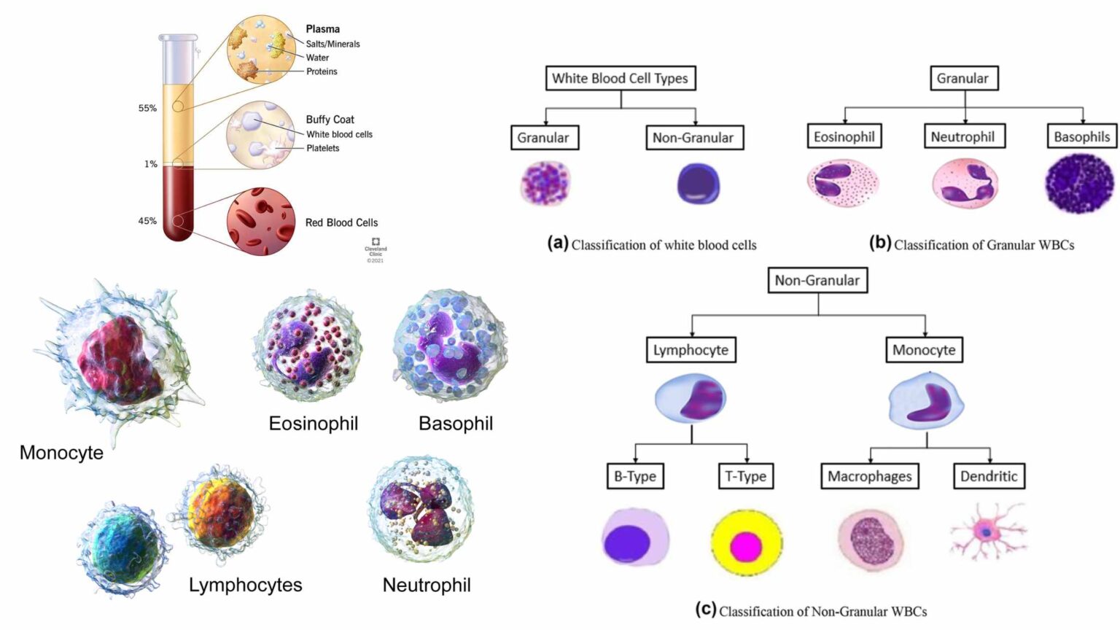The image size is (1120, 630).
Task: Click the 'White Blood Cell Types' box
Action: click(x=621, y=78)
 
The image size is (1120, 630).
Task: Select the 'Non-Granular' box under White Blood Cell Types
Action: click(x=693, y=137)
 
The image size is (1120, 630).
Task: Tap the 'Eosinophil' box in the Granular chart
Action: click(x=844, y=136)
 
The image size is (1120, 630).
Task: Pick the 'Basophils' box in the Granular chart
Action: click(x=1081, y=136)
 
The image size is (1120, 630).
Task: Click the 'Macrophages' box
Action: click(x=869, y=476)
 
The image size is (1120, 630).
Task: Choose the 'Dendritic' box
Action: click(x=988, y=476)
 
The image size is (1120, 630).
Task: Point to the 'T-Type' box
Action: click(x=745, y=476)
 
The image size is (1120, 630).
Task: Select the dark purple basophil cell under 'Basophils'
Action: click(x=1080, y=184)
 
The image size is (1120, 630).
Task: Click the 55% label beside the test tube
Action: click(x=147, y=108)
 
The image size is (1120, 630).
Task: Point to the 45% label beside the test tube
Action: click(x=147, y=221)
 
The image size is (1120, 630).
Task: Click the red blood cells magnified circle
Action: click(x=260, y=222)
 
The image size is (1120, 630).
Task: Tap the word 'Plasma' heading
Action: click(x=322, y=29)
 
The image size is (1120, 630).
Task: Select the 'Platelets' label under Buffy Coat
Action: click(x=322, y=148)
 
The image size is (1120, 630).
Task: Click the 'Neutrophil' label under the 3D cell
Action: click(x=427, y=585)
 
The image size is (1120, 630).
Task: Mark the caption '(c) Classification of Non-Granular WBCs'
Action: click(x=811, y=610)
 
